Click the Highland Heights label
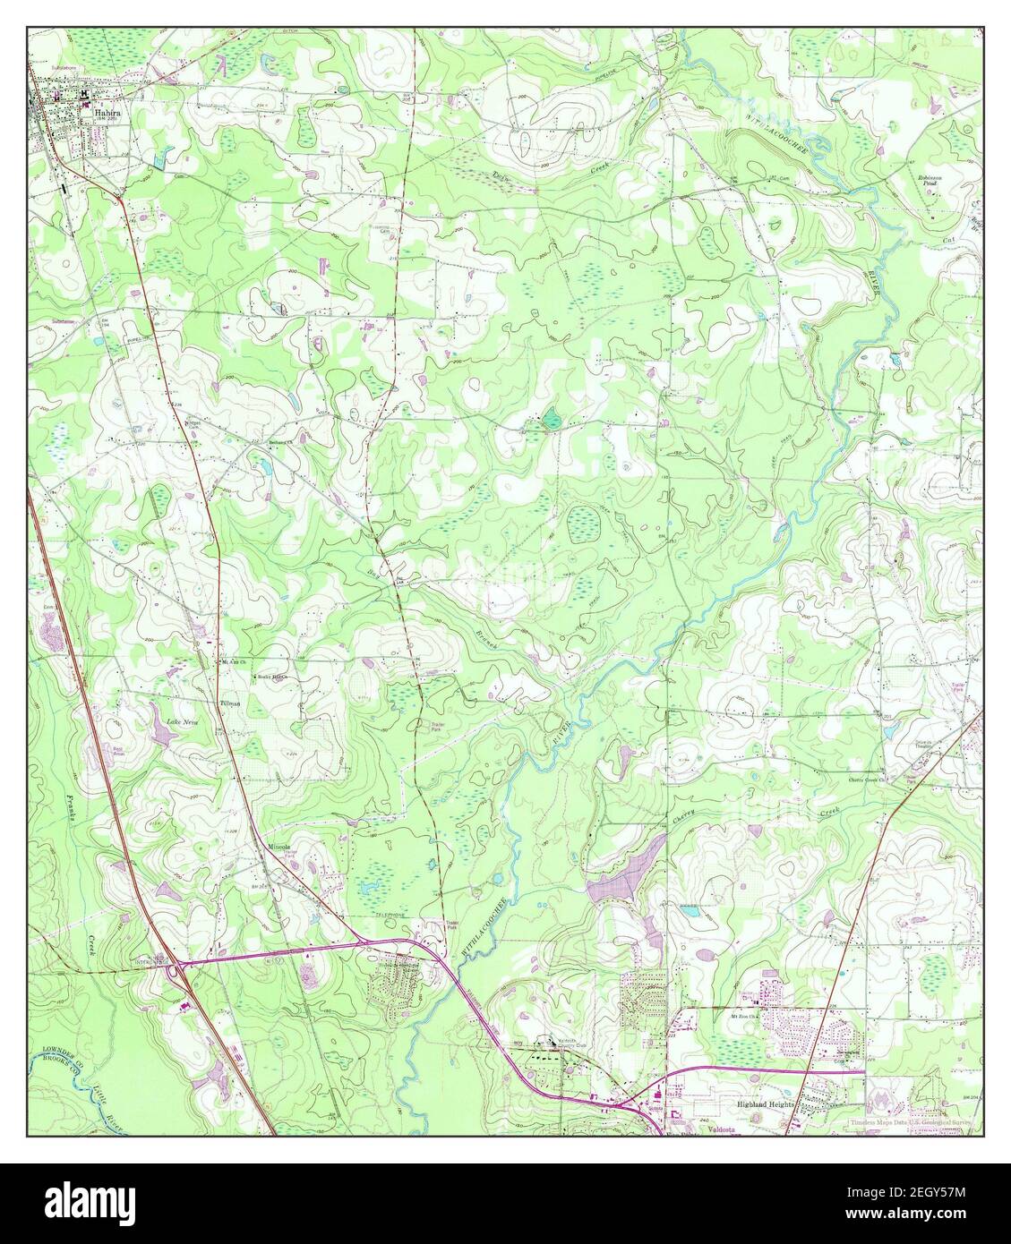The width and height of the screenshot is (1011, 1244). pyautogui.click(x=766, y=1104)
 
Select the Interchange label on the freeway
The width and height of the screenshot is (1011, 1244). pyautogui.click(x=159, y=958)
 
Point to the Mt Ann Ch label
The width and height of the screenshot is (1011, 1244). pyautogui.click(x=232, y=663)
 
